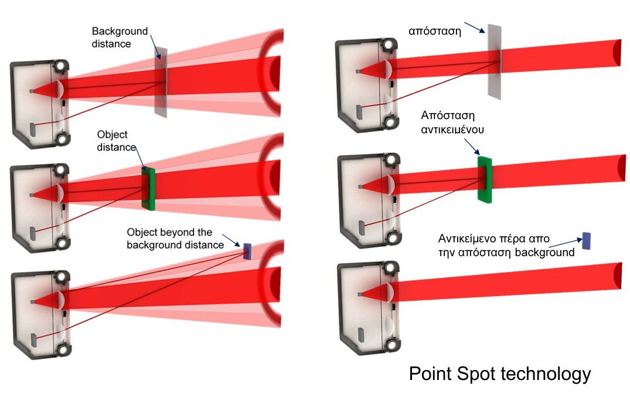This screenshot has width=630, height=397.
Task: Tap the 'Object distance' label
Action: (x=117, y=141)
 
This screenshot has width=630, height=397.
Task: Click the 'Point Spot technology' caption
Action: (x=500, y=374)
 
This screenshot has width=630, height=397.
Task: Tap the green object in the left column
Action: (x=148, y=188)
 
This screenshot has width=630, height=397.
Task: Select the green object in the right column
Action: (x=485, y=179)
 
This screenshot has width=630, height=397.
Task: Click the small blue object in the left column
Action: (x=247, y=251)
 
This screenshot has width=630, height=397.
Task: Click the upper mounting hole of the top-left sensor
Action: (x=61, y=66)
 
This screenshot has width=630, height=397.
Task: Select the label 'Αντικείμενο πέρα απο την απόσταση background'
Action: (x=506, y=246)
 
